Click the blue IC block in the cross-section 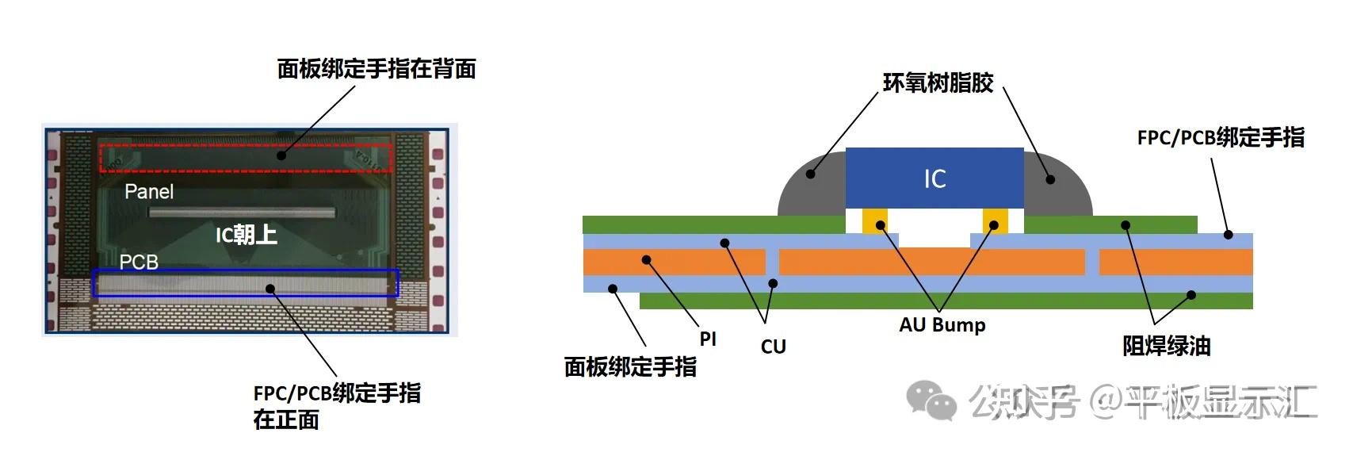click(x=934, y=178)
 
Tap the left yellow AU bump click(x=876, y=220)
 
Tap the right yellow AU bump click(x=995, y=220)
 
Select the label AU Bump click(x=942, y=325)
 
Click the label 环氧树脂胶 click(x=938, y=83)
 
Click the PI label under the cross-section click(x=708, y=339)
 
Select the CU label click(x=773, y=347)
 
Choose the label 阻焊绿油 click(x=1166, y=346)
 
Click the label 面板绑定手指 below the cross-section click(x=630, y=366)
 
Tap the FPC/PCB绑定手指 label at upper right click(x=1220, y=137)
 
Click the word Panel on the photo click(x=149, y=192)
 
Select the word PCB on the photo click(x=139, y=262)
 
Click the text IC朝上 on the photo click(x=246, y=235)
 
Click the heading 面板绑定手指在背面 click(x=376, y=69)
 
